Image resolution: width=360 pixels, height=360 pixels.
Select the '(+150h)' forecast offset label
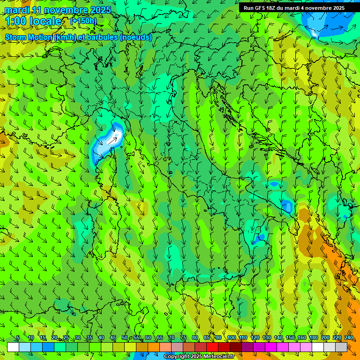83,21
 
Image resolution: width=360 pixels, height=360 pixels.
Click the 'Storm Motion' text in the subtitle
29,37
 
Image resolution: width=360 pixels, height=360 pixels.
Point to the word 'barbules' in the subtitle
104,37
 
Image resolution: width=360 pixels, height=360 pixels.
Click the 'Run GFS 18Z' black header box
294,8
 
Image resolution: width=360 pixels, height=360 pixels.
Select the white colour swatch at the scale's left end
13,347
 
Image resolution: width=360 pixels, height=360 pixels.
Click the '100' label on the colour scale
231,338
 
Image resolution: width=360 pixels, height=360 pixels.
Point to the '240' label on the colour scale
348,338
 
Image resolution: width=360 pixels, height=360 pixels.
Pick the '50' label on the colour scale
124,338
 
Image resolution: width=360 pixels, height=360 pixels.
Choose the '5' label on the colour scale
18,338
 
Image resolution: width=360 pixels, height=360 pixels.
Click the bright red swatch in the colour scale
212,347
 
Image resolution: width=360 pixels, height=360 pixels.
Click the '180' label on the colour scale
313,338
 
